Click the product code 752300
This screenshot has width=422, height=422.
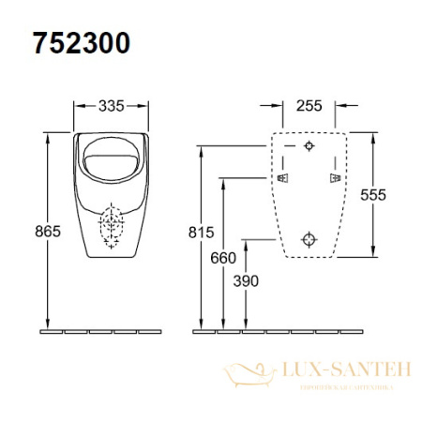(x=82, y=43)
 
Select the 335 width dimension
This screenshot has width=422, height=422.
(x=112, y=106)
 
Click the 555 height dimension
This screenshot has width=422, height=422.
(x=372, y=194)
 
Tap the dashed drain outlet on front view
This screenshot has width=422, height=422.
(x=112, y=225)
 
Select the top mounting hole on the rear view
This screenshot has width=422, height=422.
(x=310, y=146)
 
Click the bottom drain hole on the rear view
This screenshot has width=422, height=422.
(x=310, y=238)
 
